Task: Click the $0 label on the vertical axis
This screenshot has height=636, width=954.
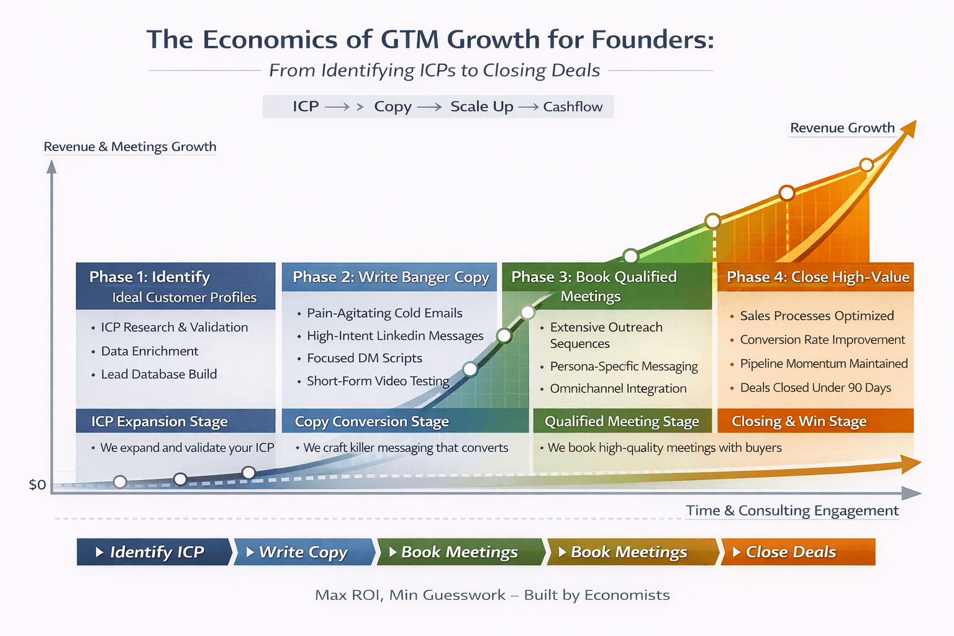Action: pos(37,484)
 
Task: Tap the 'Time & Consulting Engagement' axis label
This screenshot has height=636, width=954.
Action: pos(792,511)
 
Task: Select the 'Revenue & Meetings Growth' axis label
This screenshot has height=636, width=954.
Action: pos(130,147)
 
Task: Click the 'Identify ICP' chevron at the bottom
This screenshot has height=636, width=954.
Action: pos(153,552)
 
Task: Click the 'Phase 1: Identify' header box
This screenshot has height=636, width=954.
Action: pos(175,286)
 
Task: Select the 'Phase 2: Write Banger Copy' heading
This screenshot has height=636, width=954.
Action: pos(391,277)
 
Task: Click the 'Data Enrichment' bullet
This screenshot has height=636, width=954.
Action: pos(150,351)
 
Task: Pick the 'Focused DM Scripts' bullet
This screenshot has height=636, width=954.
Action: pos(364,358)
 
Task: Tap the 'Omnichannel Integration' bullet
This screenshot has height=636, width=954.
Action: pos(618,389)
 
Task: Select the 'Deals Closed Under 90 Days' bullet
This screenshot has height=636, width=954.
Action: pos(815,388)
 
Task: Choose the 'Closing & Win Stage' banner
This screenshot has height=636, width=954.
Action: pos(799,422)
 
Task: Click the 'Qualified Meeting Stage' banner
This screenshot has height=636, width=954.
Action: pos(622,422)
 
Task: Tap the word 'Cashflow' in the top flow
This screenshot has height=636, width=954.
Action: pos(573,107)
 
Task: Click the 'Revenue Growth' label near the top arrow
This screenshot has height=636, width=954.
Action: pos(842,128)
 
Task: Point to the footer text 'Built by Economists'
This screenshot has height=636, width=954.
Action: pos(597,595)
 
